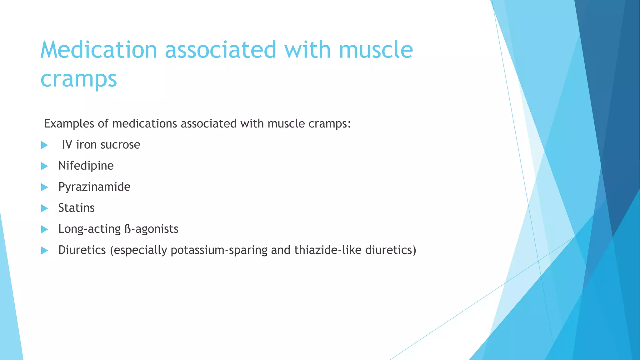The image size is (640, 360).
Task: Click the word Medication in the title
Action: (98, 50)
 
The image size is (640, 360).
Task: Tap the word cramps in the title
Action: (79, 79)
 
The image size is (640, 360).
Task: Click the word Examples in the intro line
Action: (69, 124)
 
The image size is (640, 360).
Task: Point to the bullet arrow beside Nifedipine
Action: (44, 166)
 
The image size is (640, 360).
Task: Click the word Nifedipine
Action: (86, 166)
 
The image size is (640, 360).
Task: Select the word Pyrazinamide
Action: (94, 187)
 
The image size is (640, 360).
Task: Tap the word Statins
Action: (77, 208)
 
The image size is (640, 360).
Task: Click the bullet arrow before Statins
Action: (44, 208)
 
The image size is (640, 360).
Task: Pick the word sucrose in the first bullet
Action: (120, 145)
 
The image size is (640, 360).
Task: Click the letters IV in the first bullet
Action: (67, 145)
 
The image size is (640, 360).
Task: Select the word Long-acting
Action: (89, 229)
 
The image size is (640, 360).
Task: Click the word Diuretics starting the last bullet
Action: (82, 250)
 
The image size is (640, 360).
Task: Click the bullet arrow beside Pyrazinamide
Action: (44, 187)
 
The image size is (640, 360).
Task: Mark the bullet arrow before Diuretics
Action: (44, 251)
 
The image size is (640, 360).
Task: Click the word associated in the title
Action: (221, 50)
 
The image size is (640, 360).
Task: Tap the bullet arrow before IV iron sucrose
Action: (44, 145)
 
